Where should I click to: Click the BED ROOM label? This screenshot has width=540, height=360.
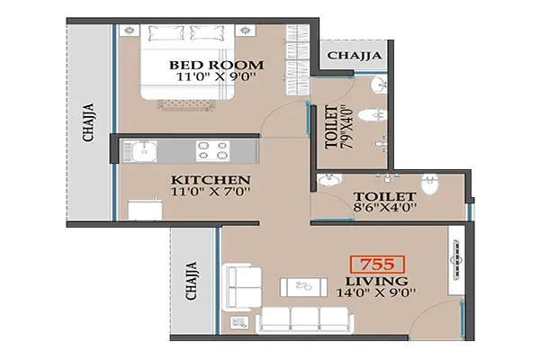pos(217,65)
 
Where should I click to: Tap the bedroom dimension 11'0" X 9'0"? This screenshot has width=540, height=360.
pos(217,78)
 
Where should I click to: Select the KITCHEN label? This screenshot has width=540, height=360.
pos(211,178)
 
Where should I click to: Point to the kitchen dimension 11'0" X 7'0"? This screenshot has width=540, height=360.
pos(211,192)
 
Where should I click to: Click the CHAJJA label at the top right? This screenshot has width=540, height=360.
pos(354,56)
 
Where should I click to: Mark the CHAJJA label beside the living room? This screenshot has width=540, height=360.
pos(191,280)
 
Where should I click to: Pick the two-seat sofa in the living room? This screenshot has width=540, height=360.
pos(240,285)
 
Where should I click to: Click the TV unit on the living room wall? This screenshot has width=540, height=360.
pos(456,262)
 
